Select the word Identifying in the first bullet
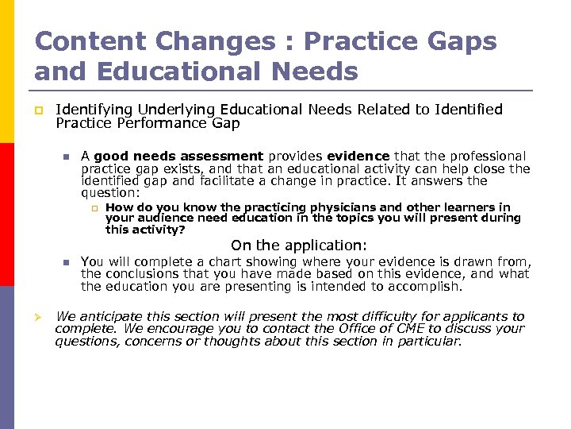[x=94, y=109]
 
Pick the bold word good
[x=111, y=157]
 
